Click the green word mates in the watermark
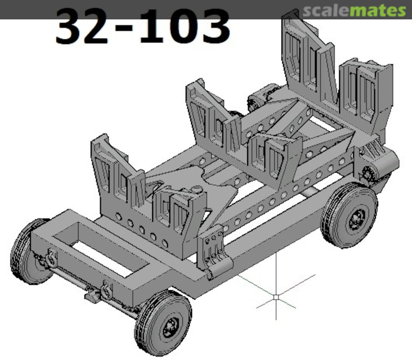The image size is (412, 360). coord(378,11)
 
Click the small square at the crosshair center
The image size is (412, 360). coord(276,296)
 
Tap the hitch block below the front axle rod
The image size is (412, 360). coord(92,295)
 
